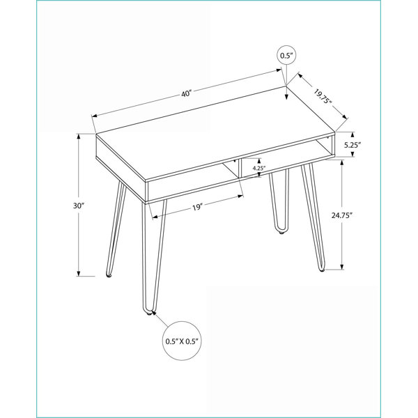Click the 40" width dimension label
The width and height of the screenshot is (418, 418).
click(x=187, y=94)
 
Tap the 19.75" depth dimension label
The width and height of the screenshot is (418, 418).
click(x=323, y=97)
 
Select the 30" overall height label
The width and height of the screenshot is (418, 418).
click(x=79, y=206)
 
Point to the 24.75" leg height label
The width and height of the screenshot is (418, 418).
click(x=342, y=215)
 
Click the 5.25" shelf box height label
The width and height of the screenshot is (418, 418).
click(x=353, y=145)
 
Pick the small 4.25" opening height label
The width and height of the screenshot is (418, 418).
click(x=258, y=168)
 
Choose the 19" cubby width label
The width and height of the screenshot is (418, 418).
click(x=198, y=208)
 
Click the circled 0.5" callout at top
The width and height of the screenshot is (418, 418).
click(x=286, y=56)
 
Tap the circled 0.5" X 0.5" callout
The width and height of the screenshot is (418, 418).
click(x=183, y=341)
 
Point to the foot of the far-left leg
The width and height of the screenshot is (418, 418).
click(x=109, y=275)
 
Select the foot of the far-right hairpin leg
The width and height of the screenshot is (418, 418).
click(x=322, y=270)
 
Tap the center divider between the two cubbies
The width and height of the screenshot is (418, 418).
click(x=240, y=169)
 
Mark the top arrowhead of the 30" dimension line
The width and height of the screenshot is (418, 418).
click(x=79, y=137)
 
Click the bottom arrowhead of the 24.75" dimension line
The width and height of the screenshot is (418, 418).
click(x=342, y=267)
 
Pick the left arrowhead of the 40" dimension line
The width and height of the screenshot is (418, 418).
click(x=94, y=116)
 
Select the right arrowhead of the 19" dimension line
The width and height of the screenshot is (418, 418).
click(x=241, y=196)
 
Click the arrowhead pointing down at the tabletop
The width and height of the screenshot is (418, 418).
click(x=286, y=98)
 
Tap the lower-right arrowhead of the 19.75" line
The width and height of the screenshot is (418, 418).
click(x=346, y=117)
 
